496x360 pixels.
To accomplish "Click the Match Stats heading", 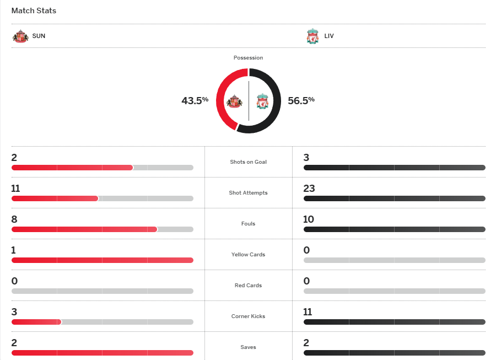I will click(x=34, y=10).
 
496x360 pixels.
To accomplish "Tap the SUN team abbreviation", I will click(x=39, y=36).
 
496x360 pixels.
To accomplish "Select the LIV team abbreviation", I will click(x=329, y=36).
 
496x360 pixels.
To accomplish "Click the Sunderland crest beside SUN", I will click(x=20, y=36).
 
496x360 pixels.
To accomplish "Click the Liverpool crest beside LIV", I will click(x=312, y=36).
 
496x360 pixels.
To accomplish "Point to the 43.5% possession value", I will click(x=195, y=100).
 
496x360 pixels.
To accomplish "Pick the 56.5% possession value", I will click(x=301, y=100).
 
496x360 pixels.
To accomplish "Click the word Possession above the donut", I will click(x=248, y=58).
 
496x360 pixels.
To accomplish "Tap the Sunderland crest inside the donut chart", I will click(x=235, y=101).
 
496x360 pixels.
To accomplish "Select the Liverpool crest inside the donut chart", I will click(x=262, y=101).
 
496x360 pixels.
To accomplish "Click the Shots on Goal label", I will click(x=248, y=162).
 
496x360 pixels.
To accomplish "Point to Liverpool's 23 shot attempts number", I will click(x=309, y=189).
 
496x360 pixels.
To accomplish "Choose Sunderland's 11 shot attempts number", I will click(x=16, y=189).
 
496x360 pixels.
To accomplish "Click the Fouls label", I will click(x=248, y=224).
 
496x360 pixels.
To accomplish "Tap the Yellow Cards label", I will click(x=248, y=255).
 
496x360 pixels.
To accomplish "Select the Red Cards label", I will click(x=248, y=286).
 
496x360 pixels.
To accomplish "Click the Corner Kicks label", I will click(x=248, y=316).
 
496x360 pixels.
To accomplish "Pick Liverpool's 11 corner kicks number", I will click(x=308, y=312).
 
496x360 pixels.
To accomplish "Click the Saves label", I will click(x=248, y=347).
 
